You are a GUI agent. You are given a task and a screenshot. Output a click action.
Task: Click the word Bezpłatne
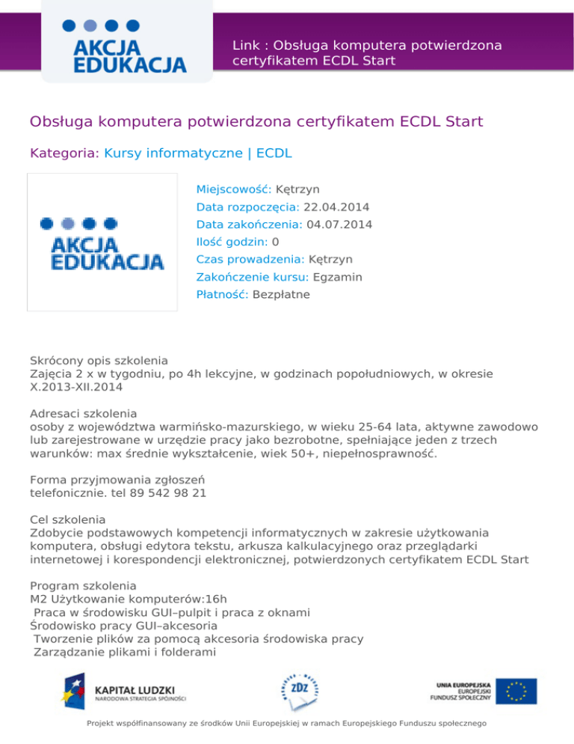coord(281,295)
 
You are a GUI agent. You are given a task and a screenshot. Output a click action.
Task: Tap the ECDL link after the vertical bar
coord(274,154)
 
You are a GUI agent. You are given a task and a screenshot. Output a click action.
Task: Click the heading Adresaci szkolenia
coord(83,412)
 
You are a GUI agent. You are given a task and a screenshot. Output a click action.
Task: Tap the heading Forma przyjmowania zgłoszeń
coord(117,480)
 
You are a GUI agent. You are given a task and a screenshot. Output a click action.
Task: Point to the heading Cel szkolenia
coord(68,519)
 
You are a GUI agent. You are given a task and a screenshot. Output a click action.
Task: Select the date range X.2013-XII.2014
coord(76,388)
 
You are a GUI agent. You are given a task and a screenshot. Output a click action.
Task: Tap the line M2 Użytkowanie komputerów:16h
coord(128,600)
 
